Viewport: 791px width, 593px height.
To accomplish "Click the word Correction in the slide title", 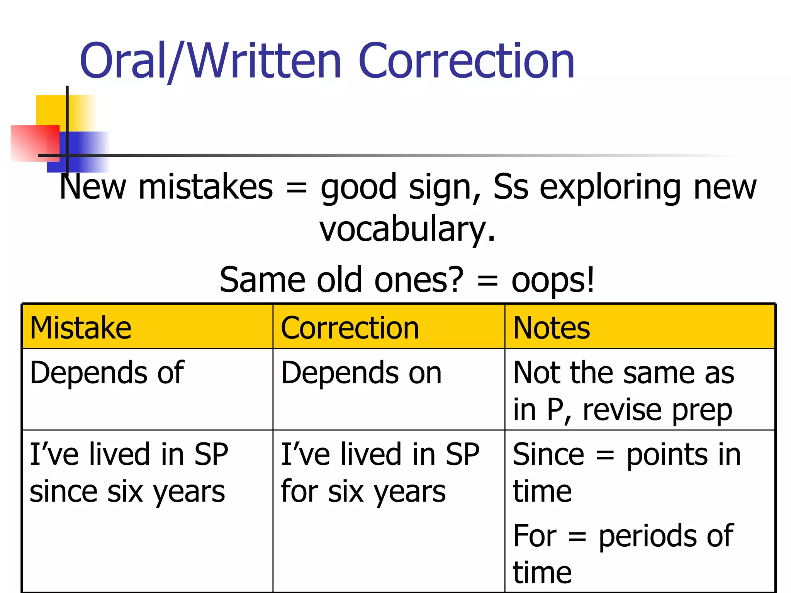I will pyautogui.click(x=466, y=61).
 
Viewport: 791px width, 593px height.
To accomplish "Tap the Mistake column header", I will pyautogui.click(x=81, y=328).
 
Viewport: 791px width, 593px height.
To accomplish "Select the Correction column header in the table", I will pyautogui.click(x=350, y=328).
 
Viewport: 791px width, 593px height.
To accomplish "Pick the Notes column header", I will pyautogui.click(x=551, y=328).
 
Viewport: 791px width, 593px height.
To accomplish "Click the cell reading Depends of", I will pyautogui.click(x=107, y=373).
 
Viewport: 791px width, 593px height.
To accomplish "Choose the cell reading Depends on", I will pyautogui.click(x=361, y=373).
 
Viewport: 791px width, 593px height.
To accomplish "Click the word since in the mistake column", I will pyautogui.click(x=63, y=492).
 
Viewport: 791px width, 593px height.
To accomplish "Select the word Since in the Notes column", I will pyautogui.click(x=548, y=454).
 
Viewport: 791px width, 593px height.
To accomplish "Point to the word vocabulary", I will pyautogui.click(x=407, y=229).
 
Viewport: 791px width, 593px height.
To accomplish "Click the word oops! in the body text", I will pyautogui.click(x=553, y=280).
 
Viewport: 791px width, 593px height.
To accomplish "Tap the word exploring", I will pyautogui.click(x=610, y=187).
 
